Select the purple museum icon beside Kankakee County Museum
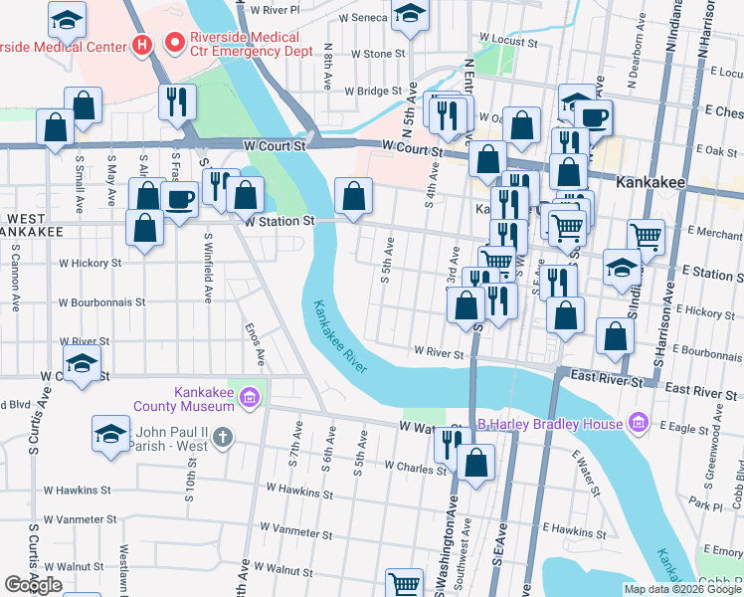click(250, 399)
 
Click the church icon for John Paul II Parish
click(222, 436)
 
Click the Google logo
click(33, 585)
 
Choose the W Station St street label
click(279, 220)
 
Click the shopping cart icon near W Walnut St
click(405, 582)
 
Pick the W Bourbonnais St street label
click(102, 301)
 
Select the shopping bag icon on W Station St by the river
click(353, 196)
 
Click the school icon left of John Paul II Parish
click(110, 433)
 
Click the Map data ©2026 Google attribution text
click(681, 589)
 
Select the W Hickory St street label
click(91, 264)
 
